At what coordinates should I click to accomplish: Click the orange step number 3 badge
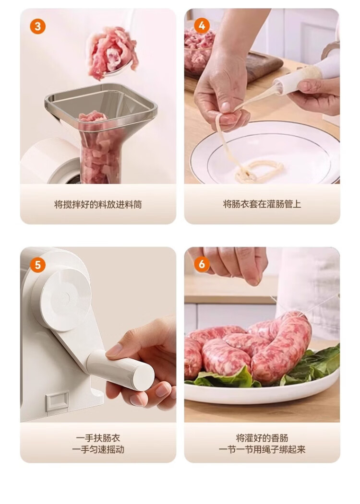click(37, 26)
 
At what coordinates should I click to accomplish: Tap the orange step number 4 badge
click(202, 25)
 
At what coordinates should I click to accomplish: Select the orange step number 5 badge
click(37, 265)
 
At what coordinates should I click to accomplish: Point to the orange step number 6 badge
click(202, 264)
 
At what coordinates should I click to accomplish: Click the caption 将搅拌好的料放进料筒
click(98, 204)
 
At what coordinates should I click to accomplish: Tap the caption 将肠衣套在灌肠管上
click(262, 204)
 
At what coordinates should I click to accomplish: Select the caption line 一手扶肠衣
click(98, 438)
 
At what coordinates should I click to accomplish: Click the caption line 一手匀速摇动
click(98, 449)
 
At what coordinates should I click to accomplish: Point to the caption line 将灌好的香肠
click(262, 438)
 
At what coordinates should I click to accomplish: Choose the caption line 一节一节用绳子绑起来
click(262, 449)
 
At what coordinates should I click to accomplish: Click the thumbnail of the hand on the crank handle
click(115, 350)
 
